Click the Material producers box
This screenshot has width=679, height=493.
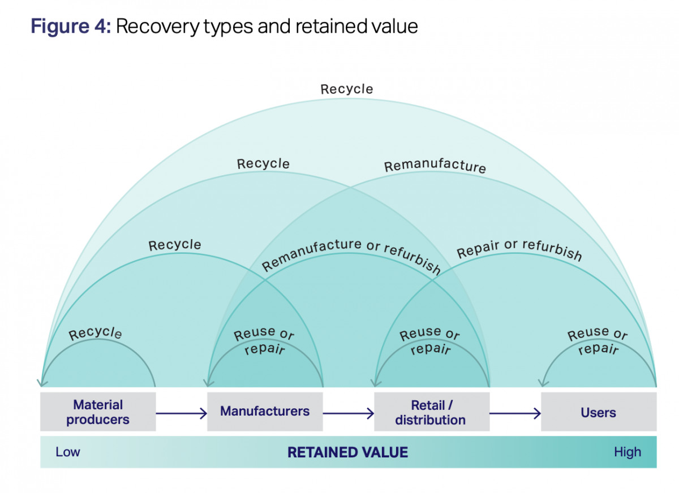(98, 412)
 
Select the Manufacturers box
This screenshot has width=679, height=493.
(265, 411)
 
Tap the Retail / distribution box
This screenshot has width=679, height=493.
(431, 412)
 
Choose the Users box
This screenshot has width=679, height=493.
(598, 412)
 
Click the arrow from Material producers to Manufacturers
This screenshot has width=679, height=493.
(181, 414)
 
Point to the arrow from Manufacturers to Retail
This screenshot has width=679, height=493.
(348, 414)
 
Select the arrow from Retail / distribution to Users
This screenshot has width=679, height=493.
(515, 414)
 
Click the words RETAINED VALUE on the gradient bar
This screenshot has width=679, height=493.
(347, 452)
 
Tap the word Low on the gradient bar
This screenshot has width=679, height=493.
(68, 452)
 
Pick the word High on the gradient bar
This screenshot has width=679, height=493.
(628, 452)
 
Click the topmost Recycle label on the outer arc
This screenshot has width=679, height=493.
(347, 89)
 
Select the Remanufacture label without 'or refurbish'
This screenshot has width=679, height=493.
(435, 166)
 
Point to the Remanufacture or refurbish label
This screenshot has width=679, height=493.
(351, 255)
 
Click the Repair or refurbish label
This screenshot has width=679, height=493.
(519, 249)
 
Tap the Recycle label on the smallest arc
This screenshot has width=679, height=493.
(95, 332)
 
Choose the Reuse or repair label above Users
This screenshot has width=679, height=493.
(598, 341)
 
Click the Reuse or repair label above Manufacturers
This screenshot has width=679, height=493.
(264, 341)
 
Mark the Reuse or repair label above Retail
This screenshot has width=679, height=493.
(430, 341)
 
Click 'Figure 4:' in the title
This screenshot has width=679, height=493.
(71, 26)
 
